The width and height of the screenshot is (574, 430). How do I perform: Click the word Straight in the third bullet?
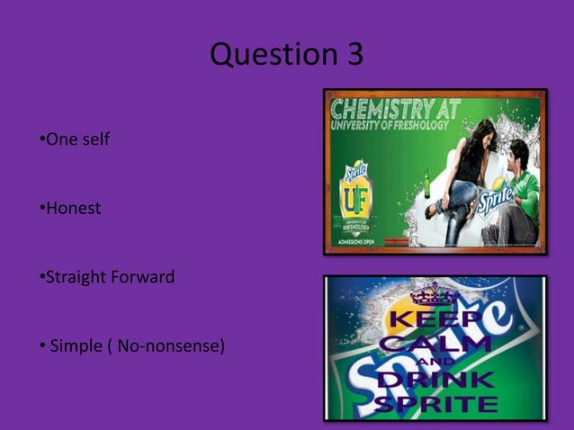coord(75,277)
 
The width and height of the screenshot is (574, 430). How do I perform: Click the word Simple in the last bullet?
coord(76,345)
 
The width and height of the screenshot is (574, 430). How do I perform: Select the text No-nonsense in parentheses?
coord(173,345)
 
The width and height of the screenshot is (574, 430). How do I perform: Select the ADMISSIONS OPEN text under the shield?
coord(357,240)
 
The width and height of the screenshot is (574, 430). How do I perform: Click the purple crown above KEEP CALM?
coord(434,293)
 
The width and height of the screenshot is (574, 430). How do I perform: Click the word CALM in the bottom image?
coord(435,344)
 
